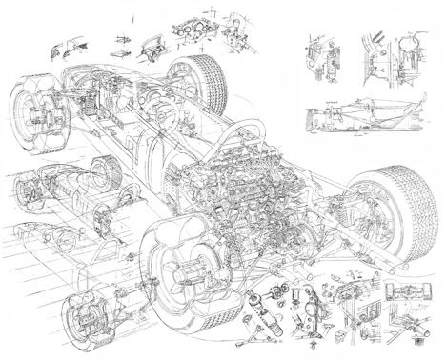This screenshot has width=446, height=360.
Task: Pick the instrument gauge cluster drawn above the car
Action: [x=190, y=30]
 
